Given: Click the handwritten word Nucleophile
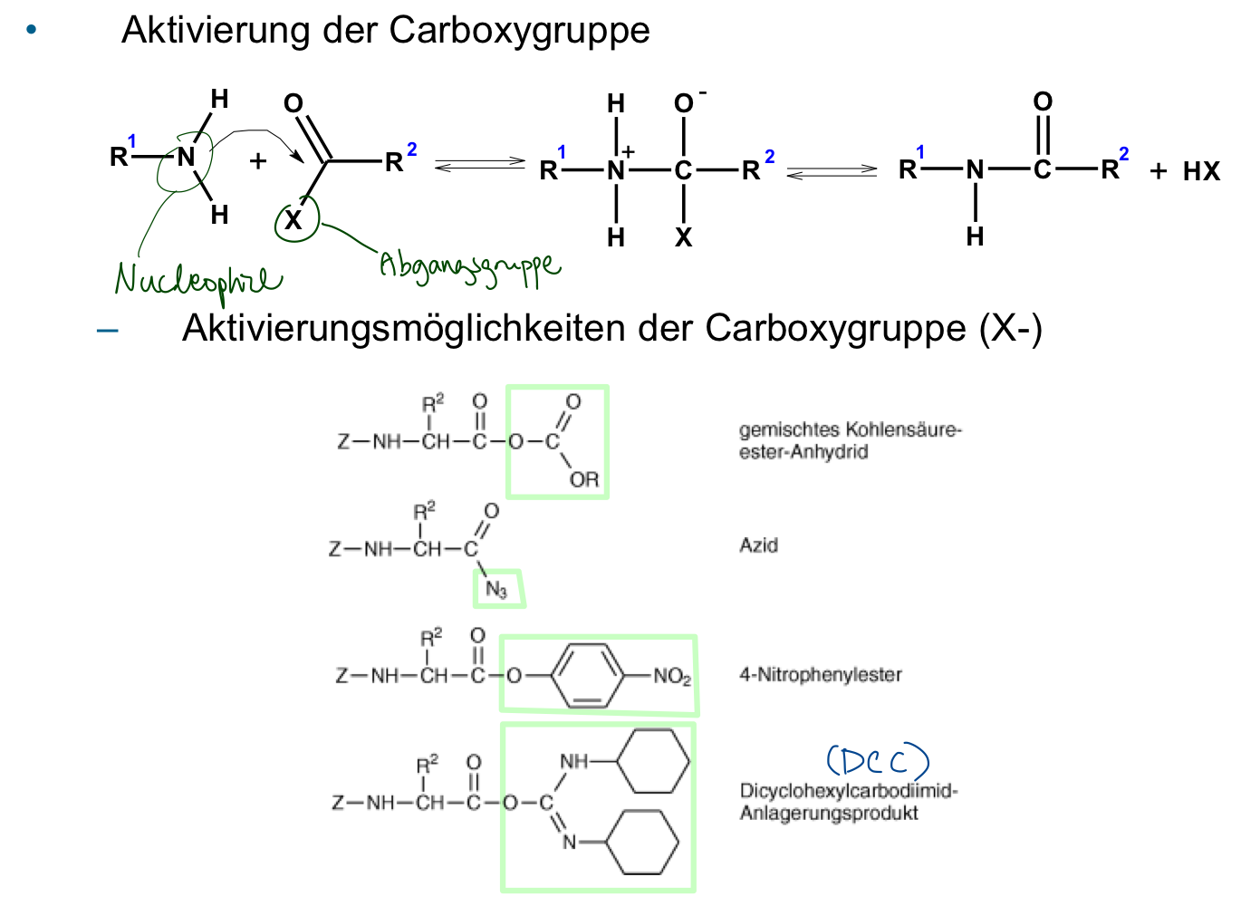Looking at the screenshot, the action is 198,283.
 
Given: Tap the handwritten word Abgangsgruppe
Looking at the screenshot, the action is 470,268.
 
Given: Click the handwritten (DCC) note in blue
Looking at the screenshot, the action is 878,760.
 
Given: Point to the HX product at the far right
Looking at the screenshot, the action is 1201,171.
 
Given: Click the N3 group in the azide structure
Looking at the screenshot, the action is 496,589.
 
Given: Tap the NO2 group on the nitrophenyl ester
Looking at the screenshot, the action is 672,676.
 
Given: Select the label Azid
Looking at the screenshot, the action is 758,545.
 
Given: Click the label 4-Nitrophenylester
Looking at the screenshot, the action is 821,675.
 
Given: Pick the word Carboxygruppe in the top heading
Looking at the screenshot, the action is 519,31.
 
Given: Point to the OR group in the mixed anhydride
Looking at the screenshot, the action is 584,479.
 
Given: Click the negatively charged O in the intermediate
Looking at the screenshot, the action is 684,103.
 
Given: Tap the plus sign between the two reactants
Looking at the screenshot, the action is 257,161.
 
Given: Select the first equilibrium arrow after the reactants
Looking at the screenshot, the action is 480,165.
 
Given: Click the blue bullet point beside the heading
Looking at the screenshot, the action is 31,29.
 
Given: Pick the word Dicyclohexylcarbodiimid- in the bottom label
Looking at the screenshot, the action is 849,790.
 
